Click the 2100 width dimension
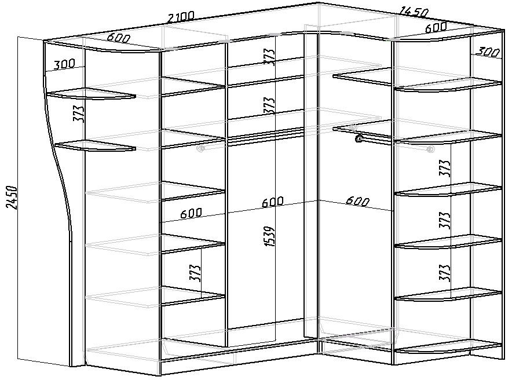point(180,17)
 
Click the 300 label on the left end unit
point(64,64)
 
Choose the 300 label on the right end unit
point(488,52)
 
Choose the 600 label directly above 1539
point(272,202)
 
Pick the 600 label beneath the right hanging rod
point(357,202)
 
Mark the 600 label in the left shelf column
point(191,213)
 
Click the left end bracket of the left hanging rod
point(201,149)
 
